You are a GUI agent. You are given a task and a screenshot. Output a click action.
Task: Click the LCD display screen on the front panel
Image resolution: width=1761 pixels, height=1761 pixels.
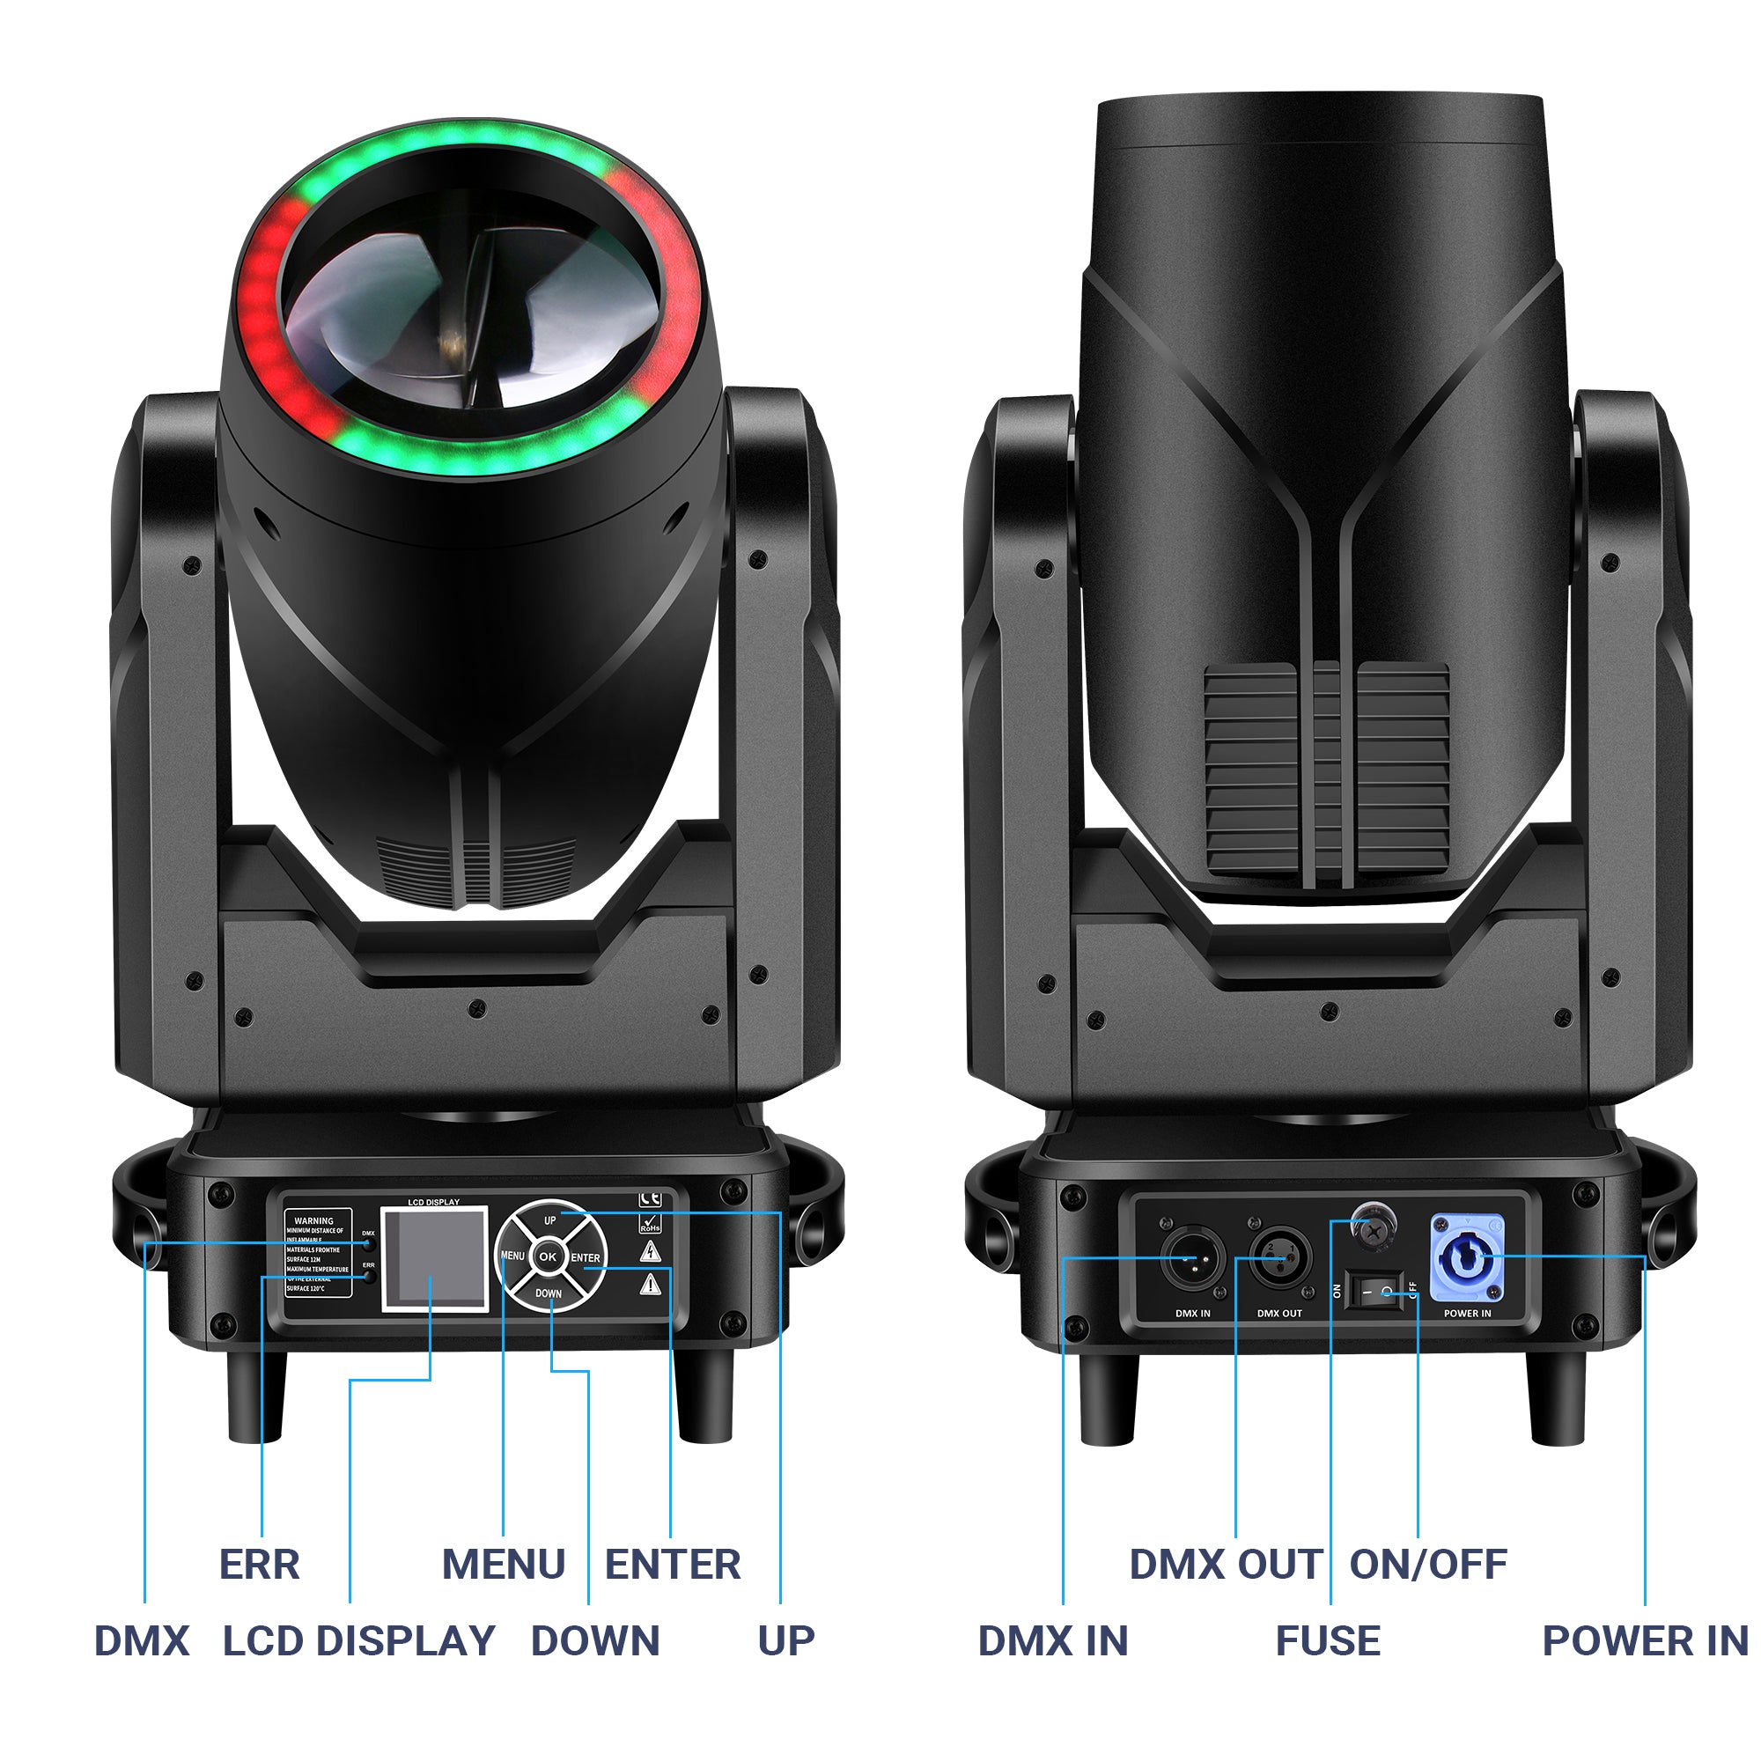click(x=434, y=1259)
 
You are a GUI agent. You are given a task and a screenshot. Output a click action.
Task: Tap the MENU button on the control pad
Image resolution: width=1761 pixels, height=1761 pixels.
click(x=512, y=1256)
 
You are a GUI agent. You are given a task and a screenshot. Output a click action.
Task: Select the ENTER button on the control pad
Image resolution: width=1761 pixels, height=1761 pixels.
click(x=586, y=1258)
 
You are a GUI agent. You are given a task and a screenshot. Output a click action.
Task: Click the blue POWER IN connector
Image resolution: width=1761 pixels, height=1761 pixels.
click(x=1467, y=1259)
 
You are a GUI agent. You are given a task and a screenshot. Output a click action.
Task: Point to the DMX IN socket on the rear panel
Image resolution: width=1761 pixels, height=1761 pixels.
click(x=1192, y=1259)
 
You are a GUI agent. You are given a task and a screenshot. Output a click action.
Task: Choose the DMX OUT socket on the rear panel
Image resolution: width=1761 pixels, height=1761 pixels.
click(x=1278, y=1259)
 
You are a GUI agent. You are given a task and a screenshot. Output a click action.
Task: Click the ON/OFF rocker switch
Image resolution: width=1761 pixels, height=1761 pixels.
click(x=1375, y=1292)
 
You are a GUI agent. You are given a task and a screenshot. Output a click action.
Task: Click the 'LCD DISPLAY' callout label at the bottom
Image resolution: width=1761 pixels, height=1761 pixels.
click(x=359, y=1640)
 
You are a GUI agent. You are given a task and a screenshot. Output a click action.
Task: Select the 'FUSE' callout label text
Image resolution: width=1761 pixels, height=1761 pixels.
click(x=1327, y=1640)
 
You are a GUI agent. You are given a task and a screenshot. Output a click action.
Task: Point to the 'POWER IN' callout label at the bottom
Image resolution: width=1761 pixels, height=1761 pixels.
click(x=1644, y=1640)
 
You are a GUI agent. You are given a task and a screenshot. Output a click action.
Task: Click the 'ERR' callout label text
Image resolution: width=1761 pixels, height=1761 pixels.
click(x=260, y=1564)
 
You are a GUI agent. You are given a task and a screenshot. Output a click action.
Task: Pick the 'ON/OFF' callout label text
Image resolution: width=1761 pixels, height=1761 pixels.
click(x=1427, y=1564)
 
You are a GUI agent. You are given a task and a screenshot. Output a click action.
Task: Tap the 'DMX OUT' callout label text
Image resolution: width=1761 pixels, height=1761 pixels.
click(x=1225, y=1564)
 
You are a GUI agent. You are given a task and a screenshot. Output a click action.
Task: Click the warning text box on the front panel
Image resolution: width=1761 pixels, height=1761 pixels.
click(x=317, y=1253)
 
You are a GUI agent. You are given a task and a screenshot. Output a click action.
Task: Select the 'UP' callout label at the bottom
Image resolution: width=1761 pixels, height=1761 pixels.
click(x=785, y=1640)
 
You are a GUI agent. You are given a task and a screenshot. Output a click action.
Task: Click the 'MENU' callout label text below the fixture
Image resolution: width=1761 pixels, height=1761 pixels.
click(x=503, y=1564)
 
